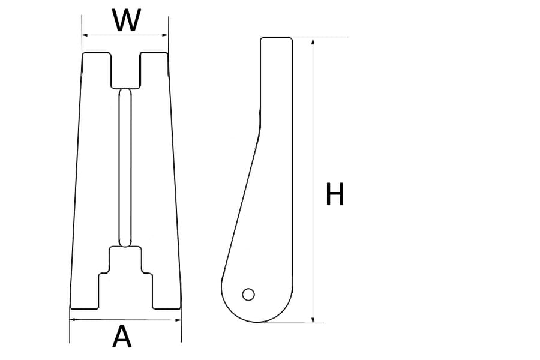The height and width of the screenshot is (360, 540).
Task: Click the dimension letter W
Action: pos(127,20)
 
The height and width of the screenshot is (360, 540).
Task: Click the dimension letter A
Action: pos(122,337)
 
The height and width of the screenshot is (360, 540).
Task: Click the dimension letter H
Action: pos(335,194)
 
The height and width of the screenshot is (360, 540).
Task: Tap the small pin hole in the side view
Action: pos(248,294)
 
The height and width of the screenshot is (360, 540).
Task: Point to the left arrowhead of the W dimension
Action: pos(85,35)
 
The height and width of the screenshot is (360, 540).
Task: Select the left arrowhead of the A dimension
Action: pos(73,319)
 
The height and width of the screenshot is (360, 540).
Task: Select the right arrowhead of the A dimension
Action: pos(178,319)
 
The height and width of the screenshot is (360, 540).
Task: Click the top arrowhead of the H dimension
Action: pos(313,41)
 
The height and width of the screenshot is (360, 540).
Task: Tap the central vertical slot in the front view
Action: pos(125,167)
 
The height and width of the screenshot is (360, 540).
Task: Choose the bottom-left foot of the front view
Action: pos(85,294)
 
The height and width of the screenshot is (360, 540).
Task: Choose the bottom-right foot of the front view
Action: pos(166,294)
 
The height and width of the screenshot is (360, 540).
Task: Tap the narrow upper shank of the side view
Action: pos(276,78)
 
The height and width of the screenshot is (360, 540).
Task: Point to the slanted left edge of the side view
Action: pos(240,204)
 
